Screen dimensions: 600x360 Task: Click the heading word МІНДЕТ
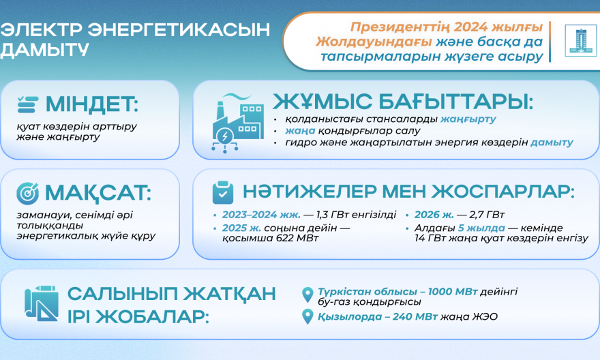click(x=92, y=104)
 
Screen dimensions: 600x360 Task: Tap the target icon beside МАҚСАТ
click(x=27, y=193)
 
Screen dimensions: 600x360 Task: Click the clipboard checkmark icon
click(x=223, y=192)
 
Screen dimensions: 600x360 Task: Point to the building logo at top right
click(x=580, y=41)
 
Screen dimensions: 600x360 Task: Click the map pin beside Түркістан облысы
click(x=307, y=295)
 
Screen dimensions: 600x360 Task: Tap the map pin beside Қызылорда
click(x=307, y=317)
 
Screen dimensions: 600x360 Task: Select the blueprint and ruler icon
click(x=42, y=303)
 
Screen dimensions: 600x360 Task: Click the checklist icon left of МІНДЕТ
click(x=28, y=104)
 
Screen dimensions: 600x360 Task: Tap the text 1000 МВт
click(x=452, y=292)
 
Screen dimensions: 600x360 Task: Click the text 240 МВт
click(x=415, y=317)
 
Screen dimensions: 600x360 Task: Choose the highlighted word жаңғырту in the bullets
click(x=468, y=119)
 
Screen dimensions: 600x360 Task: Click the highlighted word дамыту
click(x=552, y=142)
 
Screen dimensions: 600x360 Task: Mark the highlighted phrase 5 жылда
click(x=481, y=228)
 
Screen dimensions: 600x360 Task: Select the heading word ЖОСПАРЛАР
click(x=504, y=192)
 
